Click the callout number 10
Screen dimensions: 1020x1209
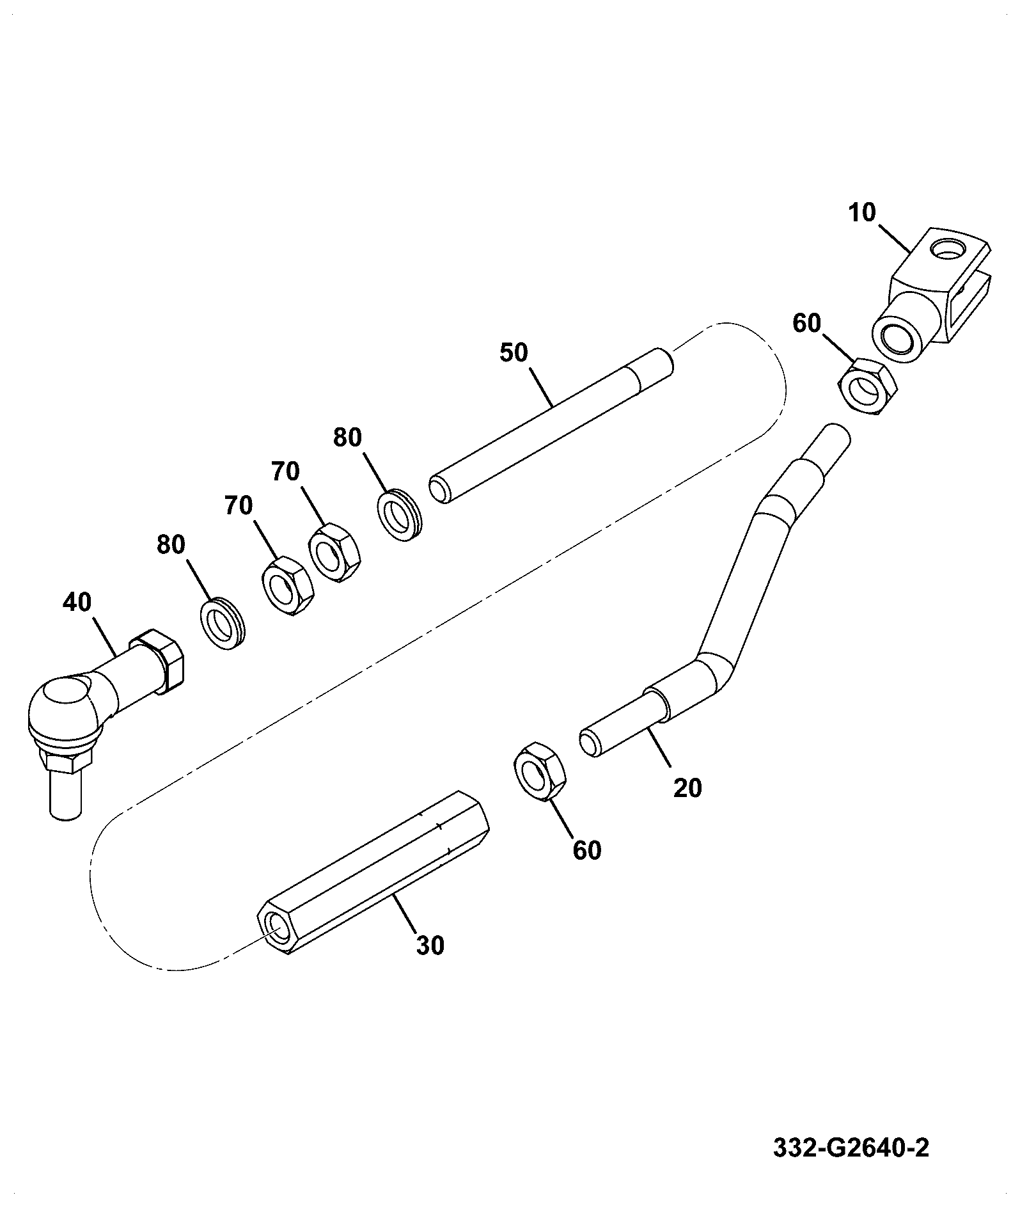coord(862,212)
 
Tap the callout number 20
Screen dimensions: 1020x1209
coord(687,787)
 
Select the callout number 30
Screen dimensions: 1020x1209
coord(430,945)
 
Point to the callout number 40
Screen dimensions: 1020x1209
coord(77,602)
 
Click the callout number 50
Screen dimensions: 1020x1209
coord(514,352)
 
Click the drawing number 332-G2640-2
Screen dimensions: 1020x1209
coord(851,1148)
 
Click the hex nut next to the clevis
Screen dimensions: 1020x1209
coord(868,388)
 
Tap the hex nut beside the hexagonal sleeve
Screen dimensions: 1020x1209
coord(540,771)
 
